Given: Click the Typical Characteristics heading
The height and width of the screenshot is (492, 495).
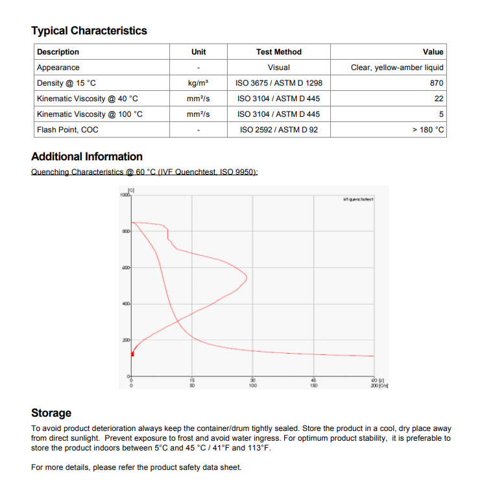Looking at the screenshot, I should coord(89,31).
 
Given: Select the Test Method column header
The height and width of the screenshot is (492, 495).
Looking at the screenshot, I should coord(278,52).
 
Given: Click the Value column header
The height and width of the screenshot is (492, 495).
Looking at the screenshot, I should coord(433,52).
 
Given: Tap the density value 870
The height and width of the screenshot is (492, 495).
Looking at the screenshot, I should coord(437,83).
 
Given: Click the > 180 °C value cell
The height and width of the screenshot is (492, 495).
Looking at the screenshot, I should coord(428,130).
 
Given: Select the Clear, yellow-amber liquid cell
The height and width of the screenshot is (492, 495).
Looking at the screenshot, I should coord(397,68).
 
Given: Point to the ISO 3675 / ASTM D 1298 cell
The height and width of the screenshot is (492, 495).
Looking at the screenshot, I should coord(278,83).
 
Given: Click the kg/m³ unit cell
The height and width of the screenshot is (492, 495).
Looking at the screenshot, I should coord(198,83).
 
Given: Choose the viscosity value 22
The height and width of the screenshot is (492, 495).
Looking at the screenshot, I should coord(439,99).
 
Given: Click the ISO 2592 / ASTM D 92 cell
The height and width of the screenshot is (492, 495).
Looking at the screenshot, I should coord(278,130).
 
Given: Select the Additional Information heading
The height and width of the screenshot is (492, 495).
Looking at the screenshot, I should coord(87,156).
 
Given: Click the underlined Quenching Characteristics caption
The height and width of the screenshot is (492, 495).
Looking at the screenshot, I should coord(144,172).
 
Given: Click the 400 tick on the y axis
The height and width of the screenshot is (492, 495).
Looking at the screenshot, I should coord(126,304).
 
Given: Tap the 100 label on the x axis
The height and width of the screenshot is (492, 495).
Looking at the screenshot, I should coord(252,385).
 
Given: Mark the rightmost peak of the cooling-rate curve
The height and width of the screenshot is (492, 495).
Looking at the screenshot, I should coord(247,277).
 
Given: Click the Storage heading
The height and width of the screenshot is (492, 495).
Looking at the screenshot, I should coord(51,413).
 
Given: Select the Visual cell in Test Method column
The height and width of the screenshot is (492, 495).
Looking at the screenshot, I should coord(278,68).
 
